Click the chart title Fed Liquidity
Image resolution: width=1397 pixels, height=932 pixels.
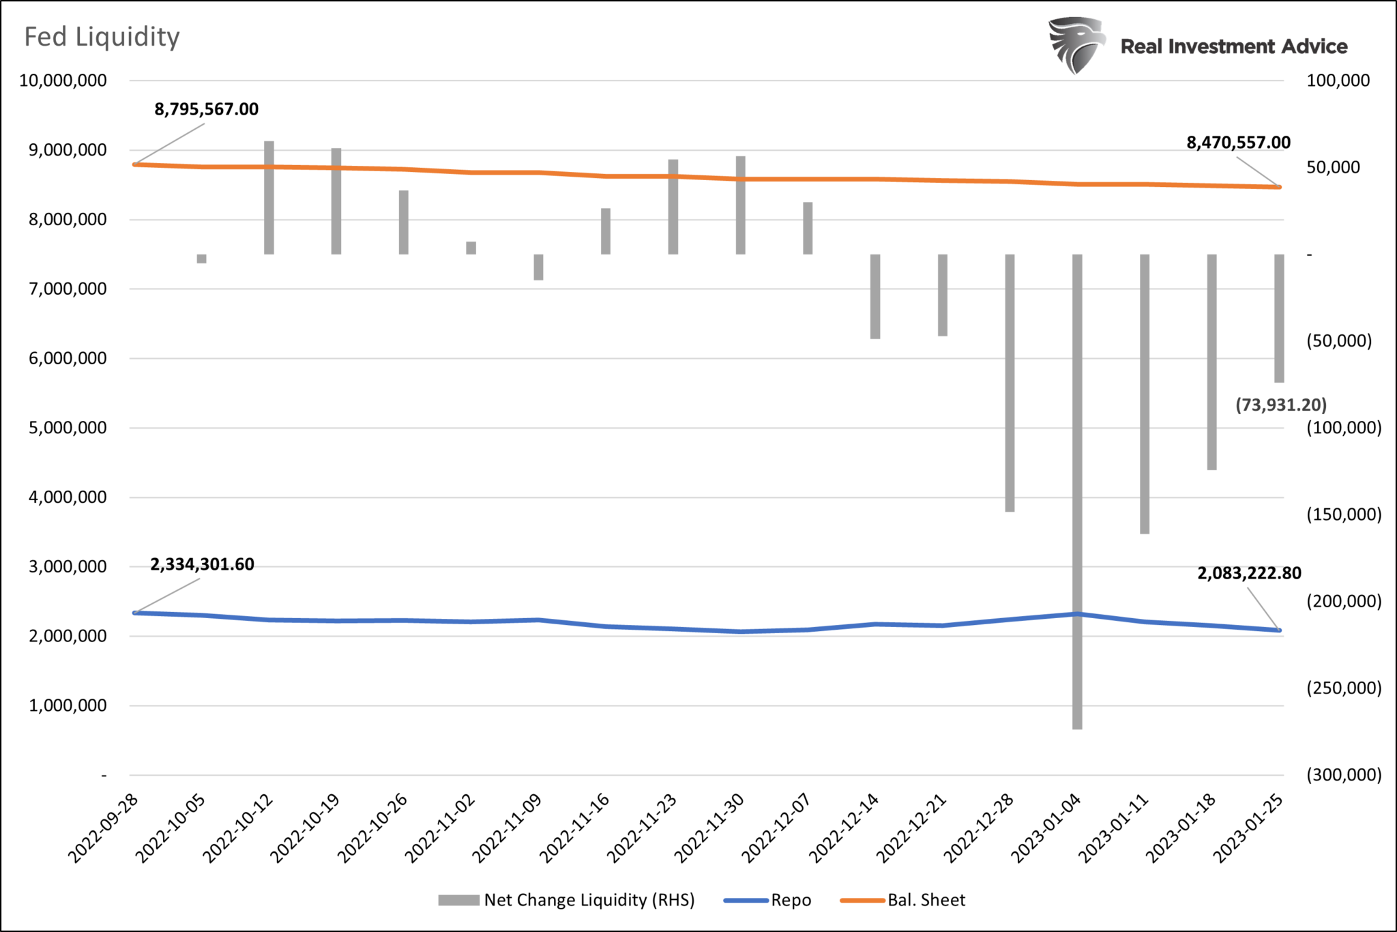point(102,37)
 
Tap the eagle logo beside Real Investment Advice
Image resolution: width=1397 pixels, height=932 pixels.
point(1076,45)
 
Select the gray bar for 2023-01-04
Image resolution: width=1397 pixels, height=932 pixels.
point(1077,491)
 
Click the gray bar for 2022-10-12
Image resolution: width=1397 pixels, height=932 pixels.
point(269,198)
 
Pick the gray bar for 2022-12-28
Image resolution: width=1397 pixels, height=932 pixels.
point(1010,382)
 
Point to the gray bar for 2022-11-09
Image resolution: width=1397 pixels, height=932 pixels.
point(538,267)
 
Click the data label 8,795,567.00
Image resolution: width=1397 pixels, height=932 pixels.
point(207,109)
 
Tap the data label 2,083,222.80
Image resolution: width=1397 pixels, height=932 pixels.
point(1249,573)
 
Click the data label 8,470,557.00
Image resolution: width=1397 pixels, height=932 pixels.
point(1238,143)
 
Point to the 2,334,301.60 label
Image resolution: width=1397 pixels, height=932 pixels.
point(202,564)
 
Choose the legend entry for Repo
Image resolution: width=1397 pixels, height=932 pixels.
point(768,900)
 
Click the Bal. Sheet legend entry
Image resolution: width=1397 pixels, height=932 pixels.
point(903,900)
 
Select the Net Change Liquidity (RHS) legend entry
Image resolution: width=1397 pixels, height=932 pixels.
point(566,900)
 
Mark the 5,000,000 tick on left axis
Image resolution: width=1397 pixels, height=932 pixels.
point(68,428)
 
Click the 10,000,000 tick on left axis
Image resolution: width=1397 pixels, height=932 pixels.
point(63,81)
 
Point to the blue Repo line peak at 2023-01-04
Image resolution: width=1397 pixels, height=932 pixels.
point(1077,614)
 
